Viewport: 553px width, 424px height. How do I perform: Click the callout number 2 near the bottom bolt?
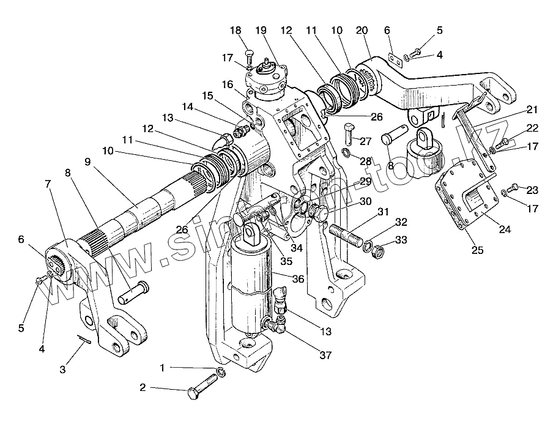[x=143, y=387]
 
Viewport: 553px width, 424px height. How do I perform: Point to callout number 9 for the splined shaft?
[x=87, y=162]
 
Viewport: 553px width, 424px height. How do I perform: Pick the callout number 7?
[x=48, y=184]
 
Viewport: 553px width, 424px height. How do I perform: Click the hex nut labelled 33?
[x=377, y=250]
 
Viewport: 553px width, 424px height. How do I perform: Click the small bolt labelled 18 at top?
[x=249, y=55]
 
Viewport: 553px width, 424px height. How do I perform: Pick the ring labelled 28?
[x=346, y=151]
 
